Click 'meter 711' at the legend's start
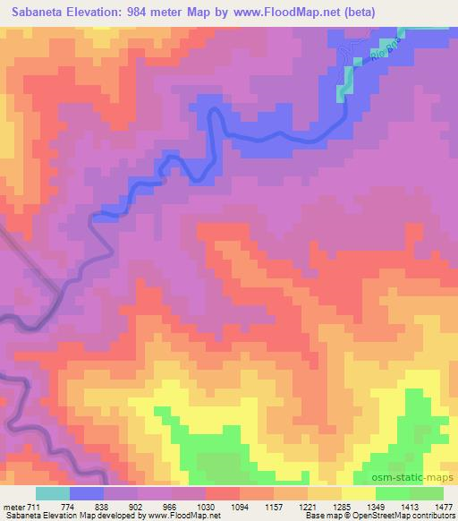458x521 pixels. click(21, 507)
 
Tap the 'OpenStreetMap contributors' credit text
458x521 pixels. click(403, 517)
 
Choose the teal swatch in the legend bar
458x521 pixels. click(52, 494)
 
